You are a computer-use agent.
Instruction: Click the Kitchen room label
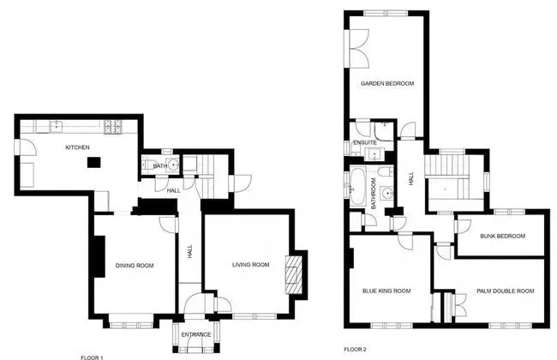77,147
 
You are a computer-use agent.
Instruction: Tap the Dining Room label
135,266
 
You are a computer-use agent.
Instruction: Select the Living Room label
251,265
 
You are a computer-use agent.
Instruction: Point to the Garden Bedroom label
387,83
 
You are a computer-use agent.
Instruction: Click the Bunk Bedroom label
503,236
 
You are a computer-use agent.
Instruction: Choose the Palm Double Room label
505,291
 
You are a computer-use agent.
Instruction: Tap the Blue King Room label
386,291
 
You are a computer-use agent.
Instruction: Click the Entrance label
196,335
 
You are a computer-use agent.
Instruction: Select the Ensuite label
365,142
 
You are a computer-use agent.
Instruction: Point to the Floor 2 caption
355,350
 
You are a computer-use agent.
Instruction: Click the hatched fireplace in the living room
294,274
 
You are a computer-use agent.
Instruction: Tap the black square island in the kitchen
94,162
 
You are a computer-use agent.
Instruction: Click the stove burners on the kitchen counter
113,127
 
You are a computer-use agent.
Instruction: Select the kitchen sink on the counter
57,126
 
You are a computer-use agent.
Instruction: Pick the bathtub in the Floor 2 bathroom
357,187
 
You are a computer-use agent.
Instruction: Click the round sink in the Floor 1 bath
173,165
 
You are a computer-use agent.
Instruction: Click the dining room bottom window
131,325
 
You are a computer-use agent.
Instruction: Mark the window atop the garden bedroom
386,14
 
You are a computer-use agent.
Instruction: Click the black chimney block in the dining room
99,256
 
